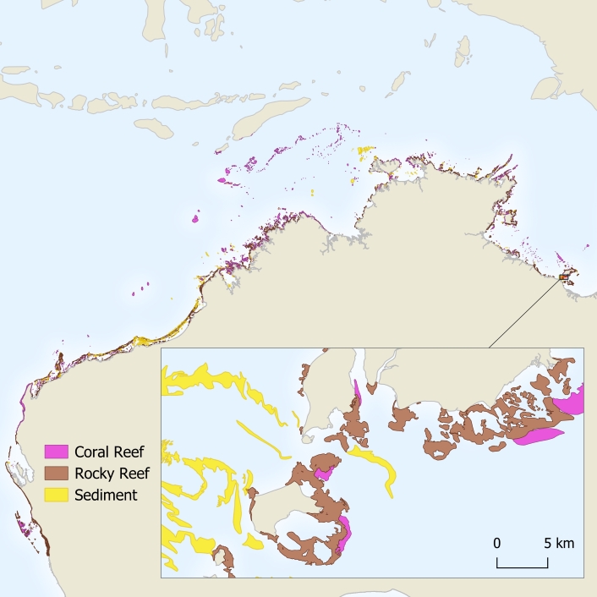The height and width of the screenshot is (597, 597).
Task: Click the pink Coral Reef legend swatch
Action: [x=57, y=452]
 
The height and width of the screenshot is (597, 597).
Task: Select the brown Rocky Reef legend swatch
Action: [x=57, y=474]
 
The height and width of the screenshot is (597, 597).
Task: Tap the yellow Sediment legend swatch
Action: [x=57, y=496]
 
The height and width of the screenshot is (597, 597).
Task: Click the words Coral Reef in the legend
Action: [x=108, y=452]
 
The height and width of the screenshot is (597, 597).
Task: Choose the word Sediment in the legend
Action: [x=106, y=496]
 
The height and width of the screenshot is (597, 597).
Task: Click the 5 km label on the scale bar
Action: [x=559, y=543]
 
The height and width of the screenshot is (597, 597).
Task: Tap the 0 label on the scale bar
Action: [x=497, y=543]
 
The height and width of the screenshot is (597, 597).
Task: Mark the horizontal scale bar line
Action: [x=523, y=567]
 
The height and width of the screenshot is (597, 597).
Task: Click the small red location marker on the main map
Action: [x=564, y=276]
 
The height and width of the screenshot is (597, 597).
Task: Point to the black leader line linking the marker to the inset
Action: [x=524, y=313]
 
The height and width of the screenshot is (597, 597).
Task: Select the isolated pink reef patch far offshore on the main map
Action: [x=195, y=218]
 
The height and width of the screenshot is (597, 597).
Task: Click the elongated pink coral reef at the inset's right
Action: [x=538, y=436]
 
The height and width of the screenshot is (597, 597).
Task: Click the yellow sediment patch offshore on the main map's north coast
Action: [x=364, y=152]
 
